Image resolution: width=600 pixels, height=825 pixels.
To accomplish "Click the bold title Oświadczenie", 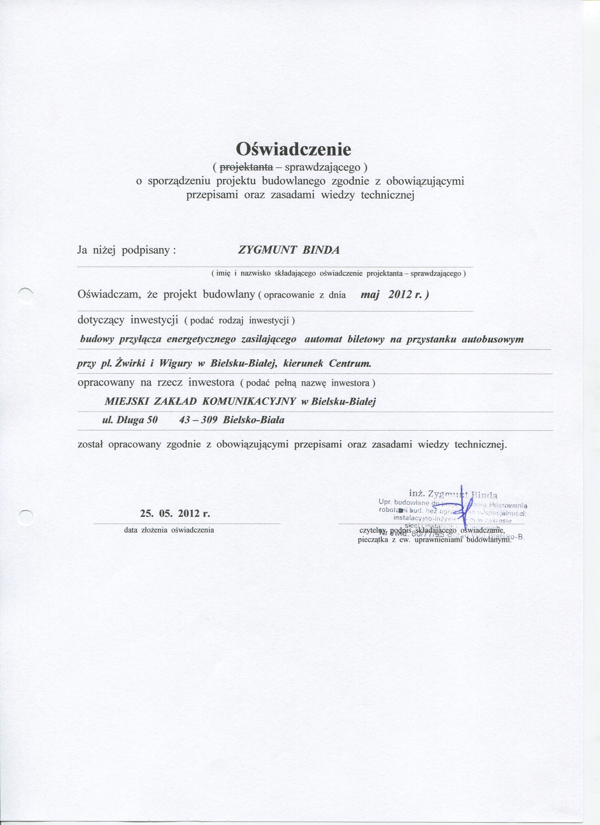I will [293, 149].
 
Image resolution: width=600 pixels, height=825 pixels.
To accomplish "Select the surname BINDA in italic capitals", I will [319, 250].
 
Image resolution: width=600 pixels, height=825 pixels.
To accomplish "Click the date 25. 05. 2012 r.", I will [175, 514].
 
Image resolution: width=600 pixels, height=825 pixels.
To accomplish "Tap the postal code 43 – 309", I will [198, 420].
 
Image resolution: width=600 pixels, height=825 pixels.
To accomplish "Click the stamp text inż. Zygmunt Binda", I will [453, 494].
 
